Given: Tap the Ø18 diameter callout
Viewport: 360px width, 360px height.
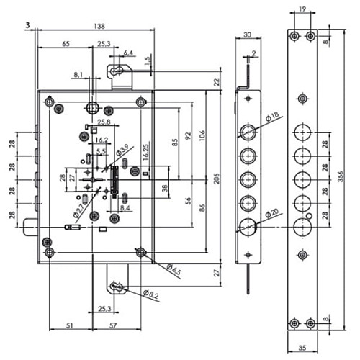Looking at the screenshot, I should click(273, 116).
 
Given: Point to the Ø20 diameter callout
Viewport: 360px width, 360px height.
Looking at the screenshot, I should click(272, 214).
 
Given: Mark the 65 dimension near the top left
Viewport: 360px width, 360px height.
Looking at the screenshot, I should click(66, 44).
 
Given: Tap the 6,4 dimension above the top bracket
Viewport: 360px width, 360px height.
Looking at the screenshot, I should click(128, 53).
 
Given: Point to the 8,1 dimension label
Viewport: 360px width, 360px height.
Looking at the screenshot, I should click(78, 73).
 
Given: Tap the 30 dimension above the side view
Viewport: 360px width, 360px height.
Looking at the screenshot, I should click(247, 35).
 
